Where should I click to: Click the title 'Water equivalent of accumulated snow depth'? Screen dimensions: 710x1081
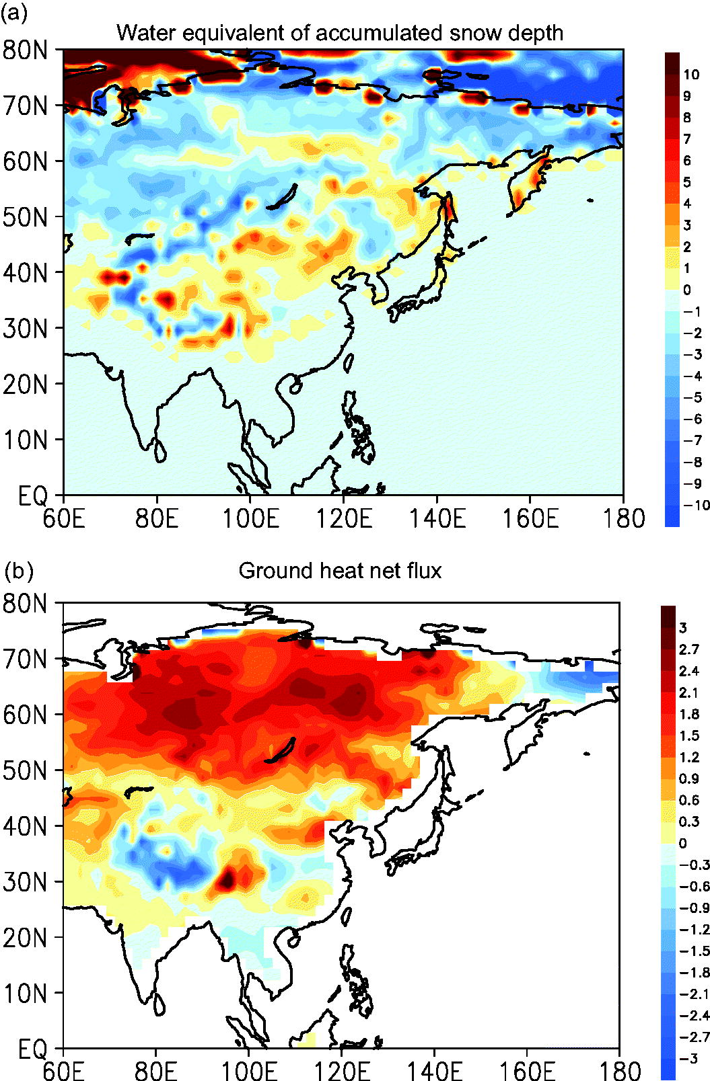tap(340, 34)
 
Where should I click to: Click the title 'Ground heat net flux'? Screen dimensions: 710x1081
tap(340, 571)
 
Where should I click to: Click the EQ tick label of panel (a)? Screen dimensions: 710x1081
tap(33, 495)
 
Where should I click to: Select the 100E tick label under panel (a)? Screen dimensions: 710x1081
tap(250, 519)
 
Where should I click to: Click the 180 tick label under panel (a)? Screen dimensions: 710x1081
tap(624, 519)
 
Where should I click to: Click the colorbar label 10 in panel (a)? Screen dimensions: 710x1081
tap(691, 75)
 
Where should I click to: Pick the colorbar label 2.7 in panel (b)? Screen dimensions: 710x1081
tap(689, 649)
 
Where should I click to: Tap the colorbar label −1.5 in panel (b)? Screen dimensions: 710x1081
tap(695, 951)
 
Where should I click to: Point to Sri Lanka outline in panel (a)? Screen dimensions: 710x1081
tap(159, 450)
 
